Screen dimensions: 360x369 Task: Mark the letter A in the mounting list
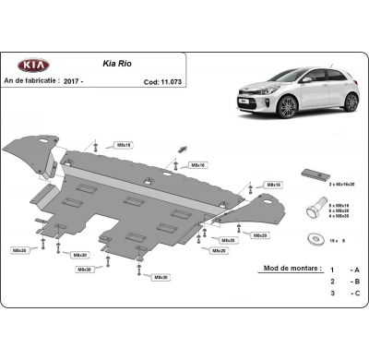(x=355, y=280)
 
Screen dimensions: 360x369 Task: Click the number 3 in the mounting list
(x=331, y=304)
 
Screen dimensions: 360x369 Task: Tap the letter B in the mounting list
(x=355, y=292)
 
